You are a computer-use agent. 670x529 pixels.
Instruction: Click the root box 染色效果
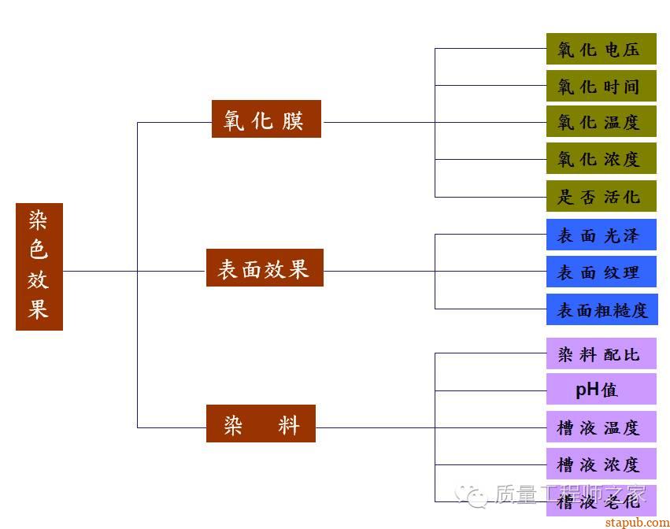point(39,266)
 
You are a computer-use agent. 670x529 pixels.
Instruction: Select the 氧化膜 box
point(266,119)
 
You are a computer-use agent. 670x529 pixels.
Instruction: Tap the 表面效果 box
point(265,268)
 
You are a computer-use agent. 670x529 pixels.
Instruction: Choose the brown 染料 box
point(261,424)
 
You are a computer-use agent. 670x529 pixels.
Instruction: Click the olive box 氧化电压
point(601,49)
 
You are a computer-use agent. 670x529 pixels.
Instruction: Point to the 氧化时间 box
point(601,86)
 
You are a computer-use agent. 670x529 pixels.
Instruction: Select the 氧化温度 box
point(601,122)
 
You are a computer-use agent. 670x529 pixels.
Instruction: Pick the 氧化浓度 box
point(601,159)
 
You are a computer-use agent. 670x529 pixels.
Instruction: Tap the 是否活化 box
point(601,196)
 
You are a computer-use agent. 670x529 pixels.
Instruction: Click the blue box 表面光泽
point(601,235)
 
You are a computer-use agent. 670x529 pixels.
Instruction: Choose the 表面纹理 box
point(601,272)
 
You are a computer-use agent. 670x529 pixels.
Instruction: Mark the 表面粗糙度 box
point(602,309)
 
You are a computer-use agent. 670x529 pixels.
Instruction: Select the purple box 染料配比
point(601,353)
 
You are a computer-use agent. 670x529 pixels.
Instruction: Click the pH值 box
point(601,389)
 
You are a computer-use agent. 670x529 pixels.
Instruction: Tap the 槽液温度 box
point(601,427)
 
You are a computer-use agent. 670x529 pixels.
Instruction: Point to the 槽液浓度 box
point(601,464)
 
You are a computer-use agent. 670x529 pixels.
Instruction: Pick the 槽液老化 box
point(601,501)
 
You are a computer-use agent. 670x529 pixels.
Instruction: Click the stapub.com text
point(635,521)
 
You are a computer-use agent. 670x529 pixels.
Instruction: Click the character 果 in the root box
point(39,308)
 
